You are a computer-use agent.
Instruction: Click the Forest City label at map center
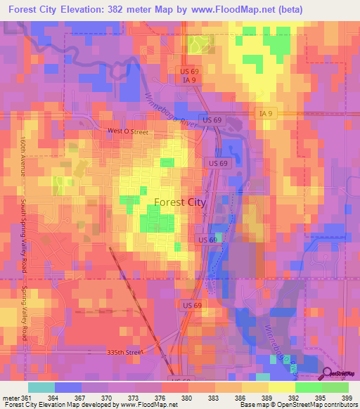coord(179,202)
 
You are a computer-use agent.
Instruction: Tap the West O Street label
coord(128,131)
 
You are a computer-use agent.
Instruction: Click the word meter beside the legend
coord(11,397)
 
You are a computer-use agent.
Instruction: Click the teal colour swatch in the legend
coord(41,387)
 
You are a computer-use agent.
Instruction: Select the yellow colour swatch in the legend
coord(282,387)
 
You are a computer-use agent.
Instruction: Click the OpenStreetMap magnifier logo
coord(328,373)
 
